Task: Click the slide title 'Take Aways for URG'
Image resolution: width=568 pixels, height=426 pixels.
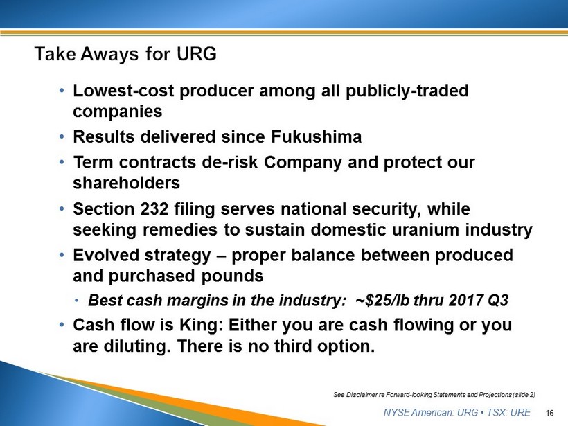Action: tap(125, 54)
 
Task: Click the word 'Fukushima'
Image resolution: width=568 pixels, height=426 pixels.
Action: tap(317, 137)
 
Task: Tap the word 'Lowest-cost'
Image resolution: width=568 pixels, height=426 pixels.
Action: tap(123, 91)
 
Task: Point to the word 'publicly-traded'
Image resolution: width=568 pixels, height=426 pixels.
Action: tap(407, 91)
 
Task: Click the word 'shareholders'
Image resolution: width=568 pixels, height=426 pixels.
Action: tap(127, 183)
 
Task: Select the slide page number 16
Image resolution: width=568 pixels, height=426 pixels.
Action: tap(549, 413)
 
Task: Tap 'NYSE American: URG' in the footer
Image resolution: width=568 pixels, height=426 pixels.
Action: tap(431, 413)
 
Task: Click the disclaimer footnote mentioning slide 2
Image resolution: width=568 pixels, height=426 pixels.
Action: tap(434, 395)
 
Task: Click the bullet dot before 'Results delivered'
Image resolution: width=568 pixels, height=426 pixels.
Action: tap(62, 137)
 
